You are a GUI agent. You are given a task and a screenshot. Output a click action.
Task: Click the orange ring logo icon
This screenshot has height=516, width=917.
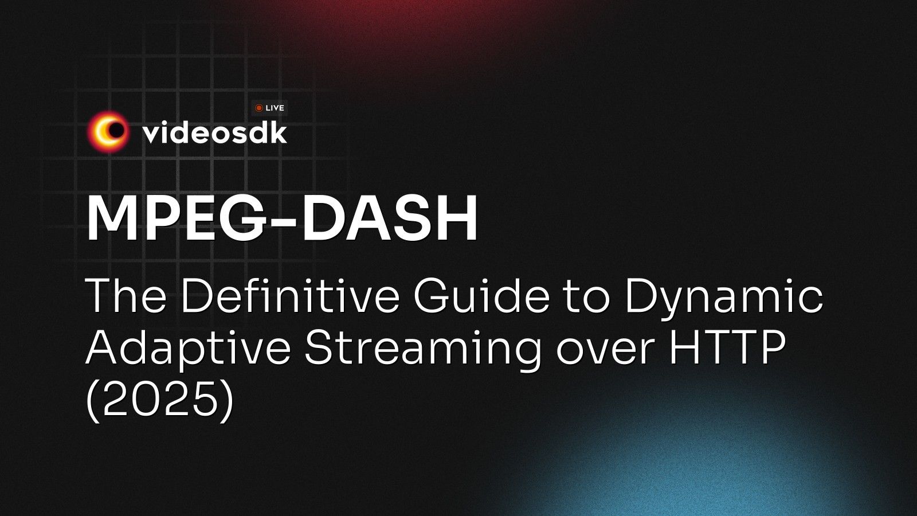pyautogui.click(x=108, y=132)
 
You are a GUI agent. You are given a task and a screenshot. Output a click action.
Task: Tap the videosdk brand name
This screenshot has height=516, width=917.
pyautogui.click(x=214, y=133)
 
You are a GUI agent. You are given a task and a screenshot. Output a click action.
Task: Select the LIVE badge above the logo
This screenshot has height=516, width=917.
pyautogui.click(x=269, y=108)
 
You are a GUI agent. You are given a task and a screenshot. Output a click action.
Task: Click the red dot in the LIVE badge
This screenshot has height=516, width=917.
pyautogui.click(x=259, y=108)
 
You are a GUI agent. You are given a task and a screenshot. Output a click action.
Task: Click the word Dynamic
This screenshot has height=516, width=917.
pyautogui.click(x=723, y=298)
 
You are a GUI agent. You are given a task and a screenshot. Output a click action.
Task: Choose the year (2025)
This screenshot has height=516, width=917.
pyautogui.click(x=160, y=398)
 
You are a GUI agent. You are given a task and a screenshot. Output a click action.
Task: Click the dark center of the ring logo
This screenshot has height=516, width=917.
pyautogui.click(x=116, y=131)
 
